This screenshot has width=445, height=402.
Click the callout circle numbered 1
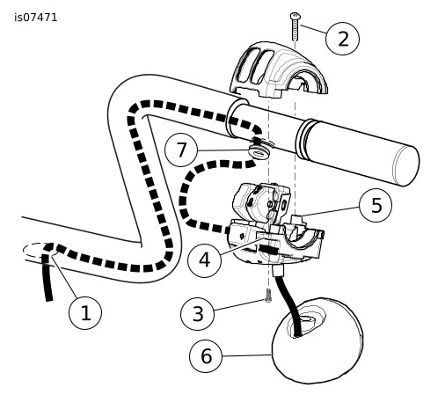85,312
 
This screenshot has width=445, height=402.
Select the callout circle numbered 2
342,39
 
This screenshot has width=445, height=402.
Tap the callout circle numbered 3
197,313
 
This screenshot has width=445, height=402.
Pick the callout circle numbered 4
204,259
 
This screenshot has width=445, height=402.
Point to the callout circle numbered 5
376,205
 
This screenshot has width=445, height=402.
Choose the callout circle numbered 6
206,356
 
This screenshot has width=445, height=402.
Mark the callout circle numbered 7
182,150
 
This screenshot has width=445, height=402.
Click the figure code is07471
36,18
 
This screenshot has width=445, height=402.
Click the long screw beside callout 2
295,26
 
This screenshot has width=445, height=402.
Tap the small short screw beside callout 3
268,296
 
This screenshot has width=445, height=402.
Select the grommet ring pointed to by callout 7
259,152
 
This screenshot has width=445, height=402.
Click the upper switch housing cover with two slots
278,69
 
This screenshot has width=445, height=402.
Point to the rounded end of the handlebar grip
407,166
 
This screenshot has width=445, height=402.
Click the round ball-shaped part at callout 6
317,340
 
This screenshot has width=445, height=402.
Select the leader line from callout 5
330,211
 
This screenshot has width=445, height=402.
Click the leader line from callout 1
65,276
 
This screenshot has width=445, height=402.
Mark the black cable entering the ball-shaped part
288,303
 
